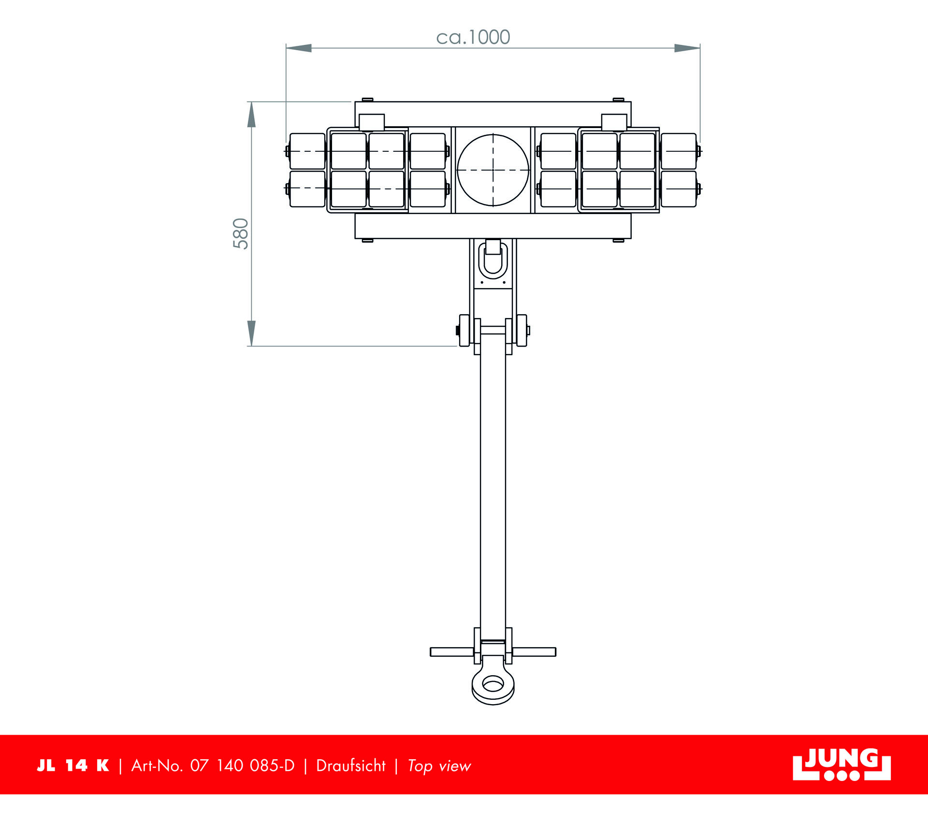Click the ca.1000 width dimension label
pos(473,37)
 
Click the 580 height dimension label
pos(241,233)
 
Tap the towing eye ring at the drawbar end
pos(493,684)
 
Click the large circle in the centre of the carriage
pos(493,170)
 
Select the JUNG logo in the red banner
pos(841,765)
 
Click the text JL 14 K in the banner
pos(73,766)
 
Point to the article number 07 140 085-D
pos(242,766)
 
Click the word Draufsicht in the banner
pos(351,766)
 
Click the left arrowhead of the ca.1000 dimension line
pos(299,48)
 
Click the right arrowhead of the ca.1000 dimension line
pos(687,48)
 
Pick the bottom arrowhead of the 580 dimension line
pos(251,333)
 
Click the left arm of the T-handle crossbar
pos(452,652)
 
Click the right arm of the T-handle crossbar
pos(534,652)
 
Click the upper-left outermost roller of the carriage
pos(307,151)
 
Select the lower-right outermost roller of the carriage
pos(679,189)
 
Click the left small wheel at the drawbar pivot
pos(464,331)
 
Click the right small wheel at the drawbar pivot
pos(522,331)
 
